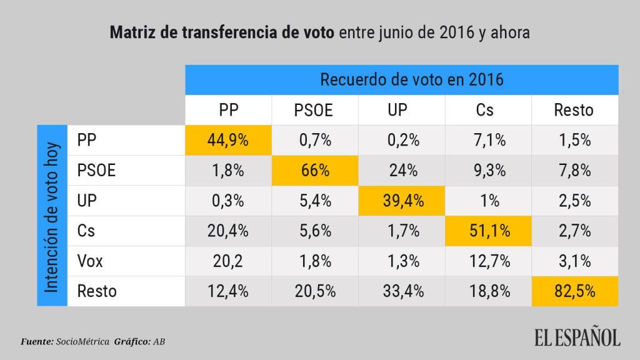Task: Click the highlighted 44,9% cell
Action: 228,140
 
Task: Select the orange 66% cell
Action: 315,170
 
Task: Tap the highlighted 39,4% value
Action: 402,201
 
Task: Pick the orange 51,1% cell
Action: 488,231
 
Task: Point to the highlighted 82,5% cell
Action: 575,291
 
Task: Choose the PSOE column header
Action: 314,111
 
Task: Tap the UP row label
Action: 88,201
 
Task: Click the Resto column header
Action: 574,110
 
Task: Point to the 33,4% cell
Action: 402,291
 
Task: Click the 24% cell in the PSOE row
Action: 402,170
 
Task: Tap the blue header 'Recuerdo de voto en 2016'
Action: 402,80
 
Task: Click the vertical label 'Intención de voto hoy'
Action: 52,215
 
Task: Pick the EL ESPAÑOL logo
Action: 577,338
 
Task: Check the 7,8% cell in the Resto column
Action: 575,170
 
